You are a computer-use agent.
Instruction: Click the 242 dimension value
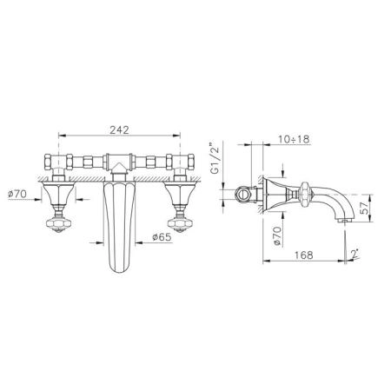[x=119, y=130]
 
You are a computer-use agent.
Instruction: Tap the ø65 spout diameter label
[x=162, y=237]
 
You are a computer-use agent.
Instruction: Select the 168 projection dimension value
[x=304, y=255]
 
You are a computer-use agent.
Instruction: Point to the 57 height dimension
[x=365, y=208]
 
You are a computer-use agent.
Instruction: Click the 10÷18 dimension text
[x=295, y=139]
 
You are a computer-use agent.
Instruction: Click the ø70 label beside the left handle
[x=17, y=194]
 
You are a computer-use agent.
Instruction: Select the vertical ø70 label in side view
[x=277, y=236]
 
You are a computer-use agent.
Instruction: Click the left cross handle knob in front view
[x=58, y=223]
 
